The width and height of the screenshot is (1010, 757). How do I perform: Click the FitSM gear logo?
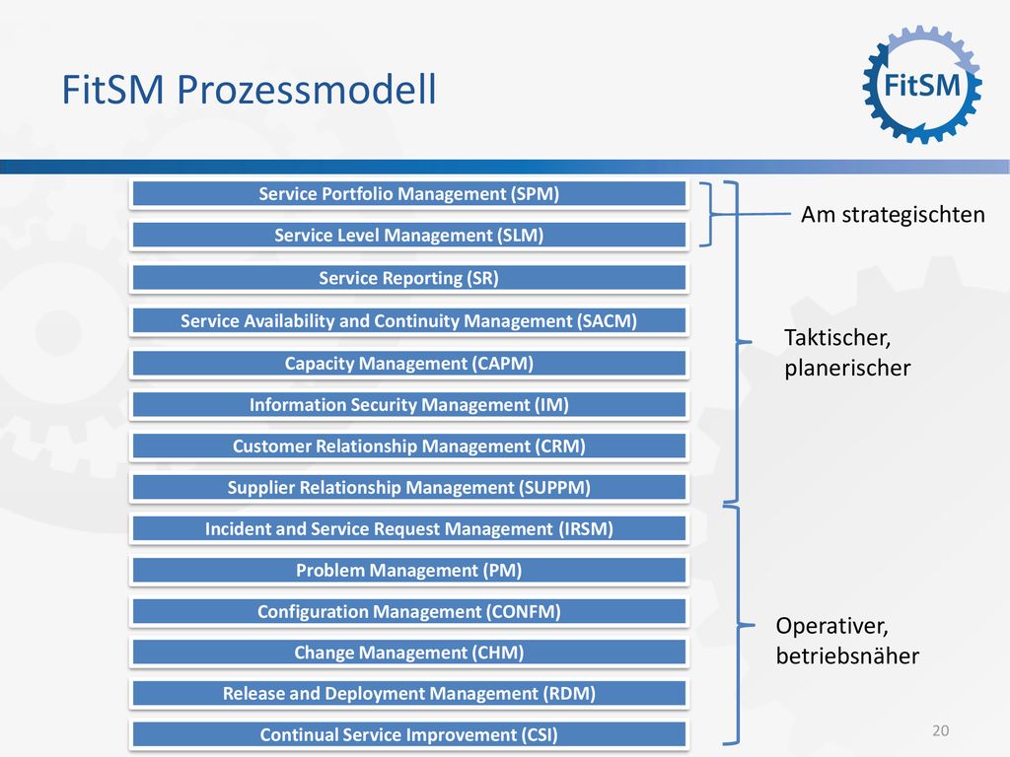tap(922, 85)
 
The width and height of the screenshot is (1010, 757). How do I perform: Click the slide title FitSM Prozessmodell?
tap(249, 89)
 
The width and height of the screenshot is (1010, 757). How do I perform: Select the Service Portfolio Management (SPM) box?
tap(409, 194)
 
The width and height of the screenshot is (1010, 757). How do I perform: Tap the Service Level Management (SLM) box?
tap(409, 235)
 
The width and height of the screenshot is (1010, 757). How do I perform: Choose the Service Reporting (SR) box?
tap(409, 278)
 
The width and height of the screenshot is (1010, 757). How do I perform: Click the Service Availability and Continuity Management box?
tap(409, 320)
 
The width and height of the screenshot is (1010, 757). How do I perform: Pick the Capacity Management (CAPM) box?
tap(409, 363)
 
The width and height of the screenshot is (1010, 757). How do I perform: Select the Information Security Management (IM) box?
tap(409, 405)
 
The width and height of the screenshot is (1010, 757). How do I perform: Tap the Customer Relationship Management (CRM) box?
tap(409, 447)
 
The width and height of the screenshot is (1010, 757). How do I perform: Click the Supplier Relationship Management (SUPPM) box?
tap(409, 487)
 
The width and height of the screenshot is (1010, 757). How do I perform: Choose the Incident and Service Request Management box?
tap(409, 528)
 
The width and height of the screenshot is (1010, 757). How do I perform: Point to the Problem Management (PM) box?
tap(409, 571)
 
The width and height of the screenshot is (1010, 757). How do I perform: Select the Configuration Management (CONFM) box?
tap(409, 611)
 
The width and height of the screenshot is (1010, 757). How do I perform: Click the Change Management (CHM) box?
tap(409, 653)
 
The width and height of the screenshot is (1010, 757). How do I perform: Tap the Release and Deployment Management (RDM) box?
tap(409, 693)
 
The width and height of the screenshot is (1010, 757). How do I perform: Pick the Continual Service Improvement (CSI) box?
tap(409, 734)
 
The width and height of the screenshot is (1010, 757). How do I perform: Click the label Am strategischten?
tap(893, 215)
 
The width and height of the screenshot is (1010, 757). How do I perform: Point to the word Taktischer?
tap(837, 337)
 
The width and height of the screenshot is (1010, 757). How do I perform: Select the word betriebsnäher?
tap(847, 655)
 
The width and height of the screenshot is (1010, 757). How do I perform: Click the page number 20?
tap(940, 730)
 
